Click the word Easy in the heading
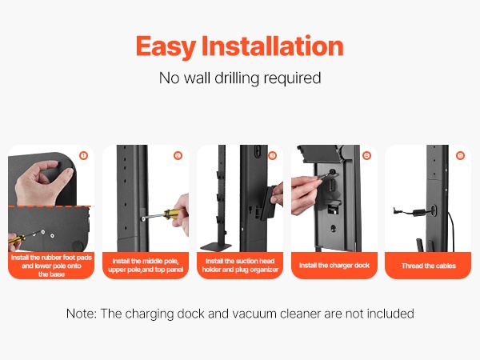click(x=166, y=46)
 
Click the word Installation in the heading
click(x=273, y=46)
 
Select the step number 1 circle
click(x=83, y=155)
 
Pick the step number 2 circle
click(x=178, y=155)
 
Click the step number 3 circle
click(x=272, y=155)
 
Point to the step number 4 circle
click(x=366, y=155)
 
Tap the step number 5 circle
click(x=461, y=155)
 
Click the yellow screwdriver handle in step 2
click(x=171, y=214)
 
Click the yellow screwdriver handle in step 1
click(x=16, y=238)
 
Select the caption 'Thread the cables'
click(x=429, y=266)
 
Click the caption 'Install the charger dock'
click(x=334, y=265)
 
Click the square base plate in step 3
click(x=216, y=246)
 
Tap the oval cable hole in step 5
click(x=434, y=210)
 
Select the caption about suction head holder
click(x=240, y=265)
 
